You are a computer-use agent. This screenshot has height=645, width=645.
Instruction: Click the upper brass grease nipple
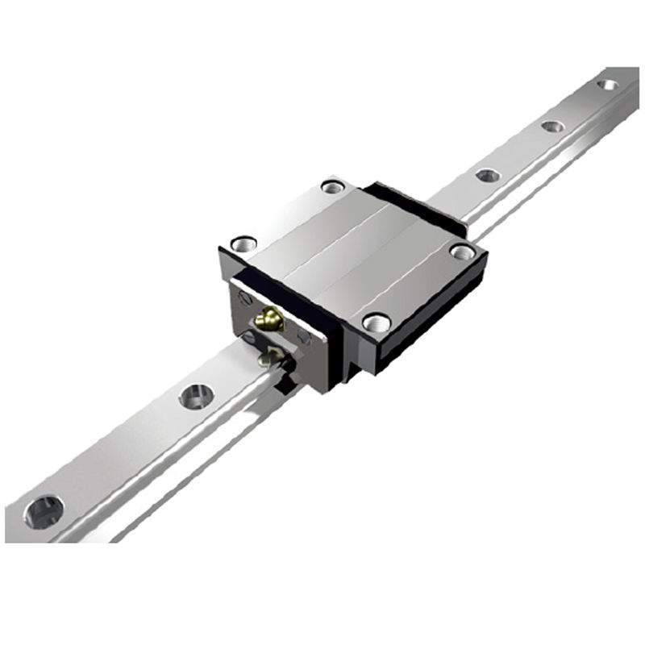(268, 320)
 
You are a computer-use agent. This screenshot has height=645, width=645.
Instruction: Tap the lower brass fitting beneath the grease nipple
(268, 356)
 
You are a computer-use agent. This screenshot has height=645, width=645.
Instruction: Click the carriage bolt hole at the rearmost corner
(332, 186)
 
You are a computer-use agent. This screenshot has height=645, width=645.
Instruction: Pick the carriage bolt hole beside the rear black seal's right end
(462, 252)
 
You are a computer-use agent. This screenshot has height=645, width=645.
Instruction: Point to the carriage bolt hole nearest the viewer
(377, 322)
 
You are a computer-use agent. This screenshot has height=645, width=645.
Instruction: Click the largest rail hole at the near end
(44, 511)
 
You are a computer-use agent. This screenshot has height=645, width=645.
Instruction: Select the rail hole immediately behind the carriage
(488, 175)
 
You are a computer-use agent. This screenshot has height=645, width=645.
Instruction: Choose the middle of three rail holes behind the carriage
(552, 127)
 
